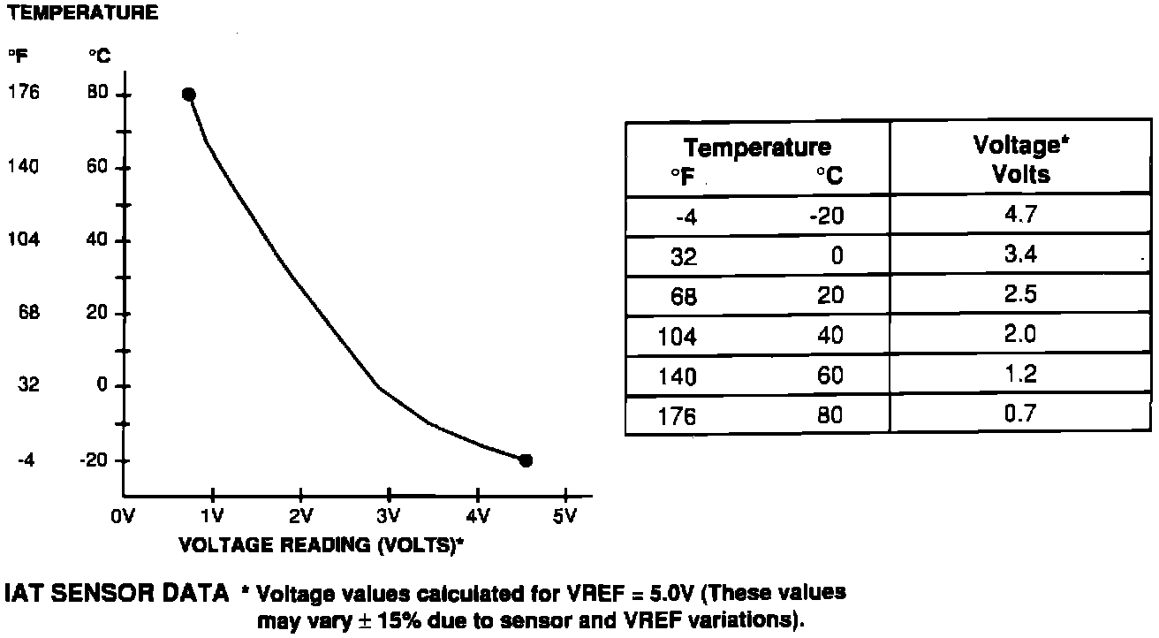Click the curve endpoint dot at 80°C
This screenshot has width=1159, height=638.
(188, 95)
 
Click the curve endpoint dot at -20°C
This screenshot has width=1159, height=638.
(526, 460)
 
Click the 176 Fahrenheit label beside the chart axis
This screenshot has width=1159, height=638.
(24, 92)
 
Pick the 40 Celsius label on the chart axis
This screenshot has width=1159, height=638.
(96, 240)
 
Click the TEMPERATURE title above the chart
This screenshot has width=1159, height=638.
(84, 13)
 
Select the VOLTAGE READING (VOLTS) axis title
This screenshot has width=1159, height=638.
(322, 544)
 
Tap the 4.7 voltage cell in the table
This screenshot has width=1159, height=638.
(1020, 216)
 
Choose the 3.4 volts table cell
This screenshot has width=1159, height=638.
(1020, 255)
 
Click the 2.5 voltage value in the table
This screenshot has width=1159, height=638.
(1020, 294)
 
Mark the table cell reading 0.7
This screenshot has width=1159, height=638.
(1020, 413)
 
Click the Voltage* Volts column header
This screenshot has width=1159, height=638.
(1020, 159)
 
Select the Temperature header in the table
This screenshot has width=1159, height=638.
(757, 148)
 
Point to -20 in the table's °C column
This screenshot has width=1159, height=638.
(826, 216)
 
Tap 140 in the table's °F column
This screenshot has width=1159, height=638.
(678, 376)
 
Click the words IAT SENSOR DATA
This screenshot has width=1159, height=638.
(117, 593)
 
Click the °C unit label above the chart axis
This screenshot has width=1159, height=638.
(99, 57)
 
